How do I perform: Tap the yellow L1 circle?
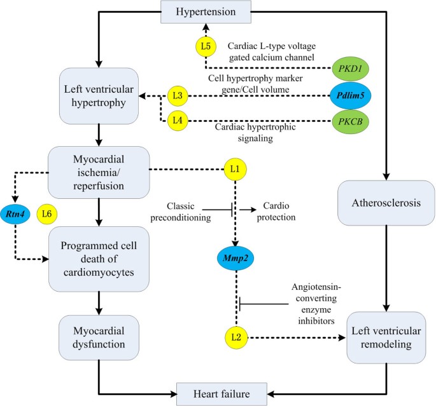click(235, 170)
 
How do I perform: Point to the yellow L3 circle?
click(178, 96)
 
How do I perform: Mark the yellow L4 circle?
click(178, 119)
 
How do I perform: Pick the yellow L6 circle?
click(46, 213)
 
